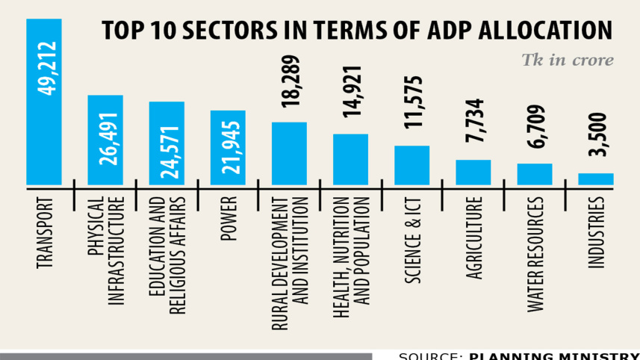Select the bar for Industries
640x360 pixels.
coord(596,179)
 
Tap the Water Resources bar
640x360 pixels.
coord(535,173)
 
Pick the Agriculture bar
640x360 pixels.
coord(473,172)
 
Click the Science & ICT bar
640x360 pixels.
coord(411,164)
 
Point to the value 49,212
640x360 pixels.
coord(44,70)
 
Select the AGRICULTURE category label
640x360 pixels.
coord(474,238)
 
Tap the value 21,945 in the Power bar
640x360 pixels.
coord(229,152)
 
